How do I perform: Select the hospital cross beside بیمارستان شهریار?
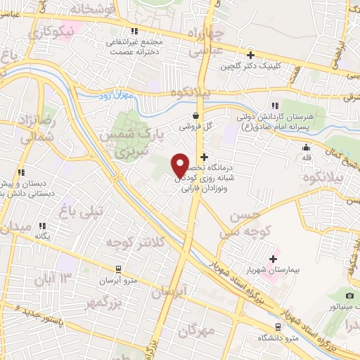pos(273,259)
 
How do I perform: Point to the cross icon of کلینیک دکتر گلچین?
pos(250,54)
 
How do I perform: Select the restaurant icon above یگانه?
pos(42,226)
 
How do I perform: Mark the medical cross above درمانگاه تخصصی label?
pos(205,157)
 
